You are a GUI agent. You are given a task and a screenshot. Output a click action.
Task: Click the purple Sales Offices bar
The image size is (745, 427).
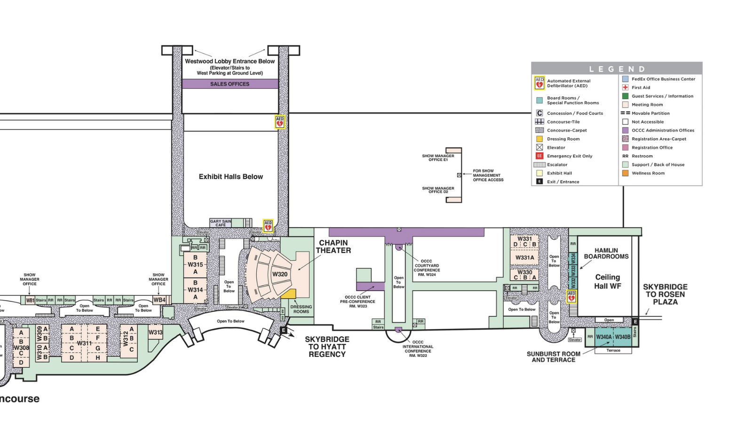click(230, 84)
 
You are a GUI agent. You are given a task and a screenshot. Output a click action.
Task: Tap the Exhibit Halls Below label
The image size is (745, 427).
click(230, 177)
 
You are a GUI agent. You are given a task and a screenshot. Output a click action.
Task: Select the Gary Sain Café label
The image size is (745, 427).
click(221, 223)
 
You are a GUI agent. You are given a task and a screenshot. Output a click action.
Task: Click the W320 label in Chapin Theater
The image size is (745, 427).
click(280, 274)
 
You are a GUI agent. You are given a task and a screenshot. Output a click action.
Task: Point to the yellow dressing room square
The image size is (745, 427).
click(288, 294)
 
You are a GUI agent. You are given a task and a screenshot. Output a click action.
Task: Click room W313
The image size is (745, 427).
click(155, 332)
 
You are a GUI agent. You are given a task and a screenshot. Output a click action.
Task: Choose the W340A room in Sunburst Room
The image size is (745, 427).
click(604, 337)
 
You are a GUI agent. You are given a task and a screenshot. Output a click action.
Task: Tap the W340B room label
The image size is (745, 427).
click(623, 337)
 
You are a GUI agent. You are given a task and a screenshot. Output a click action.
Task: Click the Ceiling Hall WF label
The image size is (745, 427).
click(607, 281)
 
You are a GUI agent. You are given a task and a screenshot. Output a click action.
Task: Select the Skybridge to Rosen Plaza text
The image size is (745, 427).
click(665, 294)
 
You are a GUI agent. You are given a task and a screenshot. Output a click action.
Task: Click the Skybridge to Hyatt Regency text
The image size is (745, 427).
click(327, 347)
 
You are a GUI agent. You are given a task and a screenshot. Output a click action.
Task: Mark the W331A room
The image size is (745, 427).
click(524, 258)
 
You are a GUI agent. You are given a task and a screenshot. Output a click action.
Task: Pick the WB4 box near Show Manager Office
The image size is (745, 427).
click(159, 300)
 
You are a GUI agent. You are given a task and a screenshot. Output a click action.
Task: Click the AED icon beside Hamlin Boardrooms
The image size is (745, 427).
click(571, 297)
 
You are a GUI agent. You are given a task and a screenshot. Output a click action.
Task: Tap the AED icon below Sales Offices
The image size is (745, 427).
click(280, 122)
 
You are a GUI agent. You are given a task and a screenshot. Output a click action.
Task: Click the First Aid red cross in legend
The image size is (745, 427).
click(625, 87)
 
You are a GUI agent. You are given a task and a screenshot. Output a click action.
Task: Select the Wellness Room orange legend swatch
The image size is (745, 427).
click(625, 173)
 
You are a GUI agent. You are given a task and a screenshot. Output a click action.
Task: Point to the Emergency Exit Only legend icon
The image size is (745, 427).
click(539, 156)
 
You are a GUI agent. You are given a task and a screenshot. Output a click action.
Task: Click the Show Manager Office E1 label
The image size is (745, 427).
click(438, 158)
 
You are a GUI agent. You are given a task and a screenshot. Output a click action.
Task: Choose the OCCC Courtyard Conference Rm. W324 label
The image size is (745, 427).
click(427, 268)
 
